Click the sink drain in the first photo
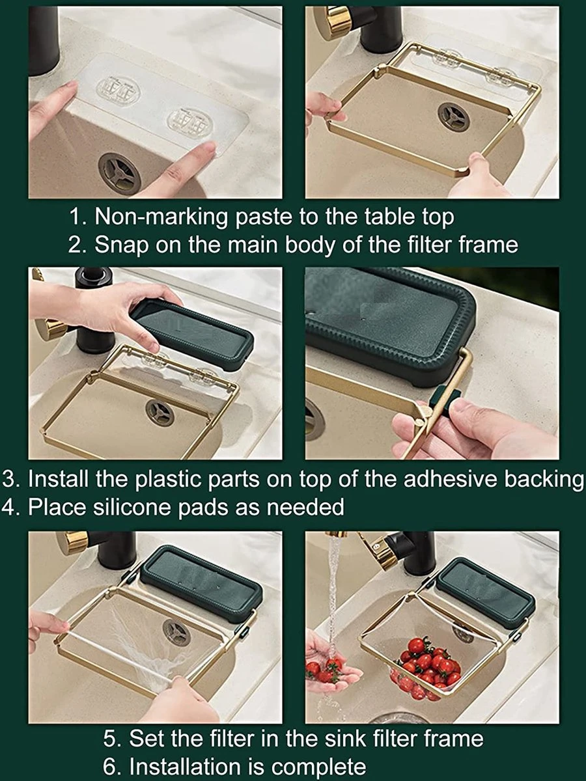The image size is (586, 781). click(x=119, y=171)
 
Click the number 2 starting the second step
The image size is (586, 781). click(x=74, y=245)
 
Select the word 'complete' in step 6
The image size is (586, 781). click(x=320, y=765)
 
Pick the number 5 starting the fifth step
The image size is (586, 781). click(x=111, y=739)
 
